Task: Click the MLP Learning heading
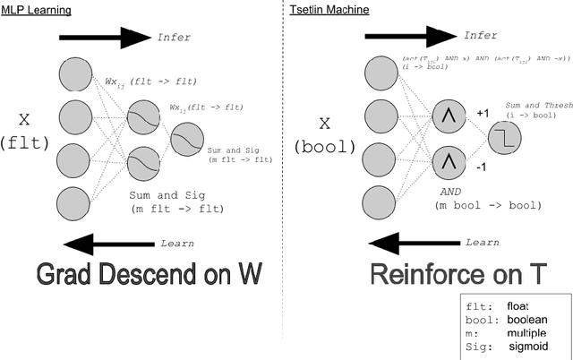[36, 9]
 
